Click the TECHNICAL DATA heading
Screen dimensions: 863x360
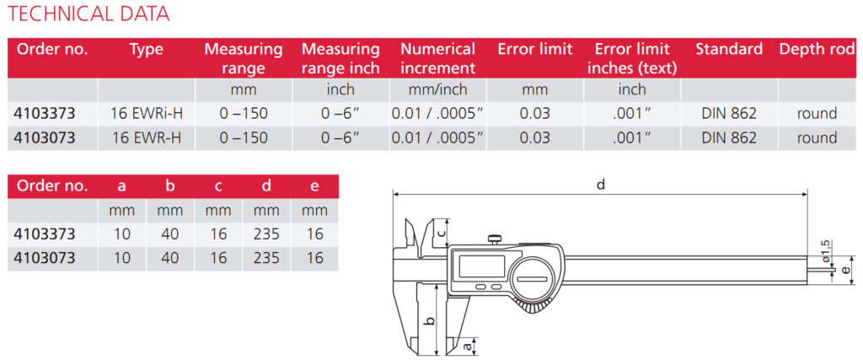pos(88,13)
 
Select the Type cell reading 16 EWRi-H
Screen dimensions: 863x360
pos(147,114)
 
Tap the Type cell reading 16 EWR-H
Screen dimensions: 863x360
pos(147,137)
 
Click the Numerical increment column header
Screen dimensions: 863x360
pos(437,59)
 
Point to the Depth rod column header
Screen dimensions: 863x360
pos(817,50)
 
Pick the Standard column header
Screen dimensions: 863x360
pos(729,50)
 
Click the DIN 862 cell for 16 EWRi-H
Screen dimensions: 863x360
pos(729,114)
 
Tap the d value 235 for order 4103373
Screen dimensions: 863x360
pos(266,234)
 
